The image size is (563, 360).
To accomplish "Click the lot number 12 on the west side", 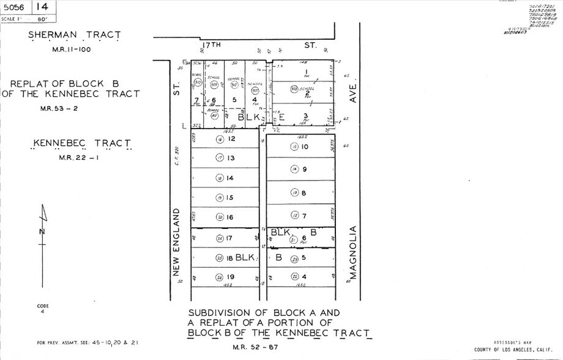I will (x=231, y=139).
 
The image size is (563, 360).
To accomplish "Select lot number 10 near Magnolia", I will (x=305, y=147).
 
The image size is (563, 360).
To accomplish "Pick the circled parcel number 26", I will (x=219, y=277).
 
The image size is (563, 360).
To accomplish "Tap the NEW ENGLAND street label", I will (x=176, y=241).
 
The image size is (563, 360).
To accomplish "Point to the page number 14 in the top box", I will (x=42, y=7).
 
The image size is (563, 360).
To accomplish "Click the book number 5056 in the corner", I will (x=15, y=7).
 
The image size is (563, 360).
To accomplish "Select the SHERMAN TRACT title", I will (x=68, y=36).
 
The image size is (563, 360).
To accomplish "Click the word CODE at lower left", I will (x=42, y=306).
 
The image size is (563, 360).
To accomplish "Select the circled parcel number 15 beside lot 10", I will (x=294, y=147).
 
